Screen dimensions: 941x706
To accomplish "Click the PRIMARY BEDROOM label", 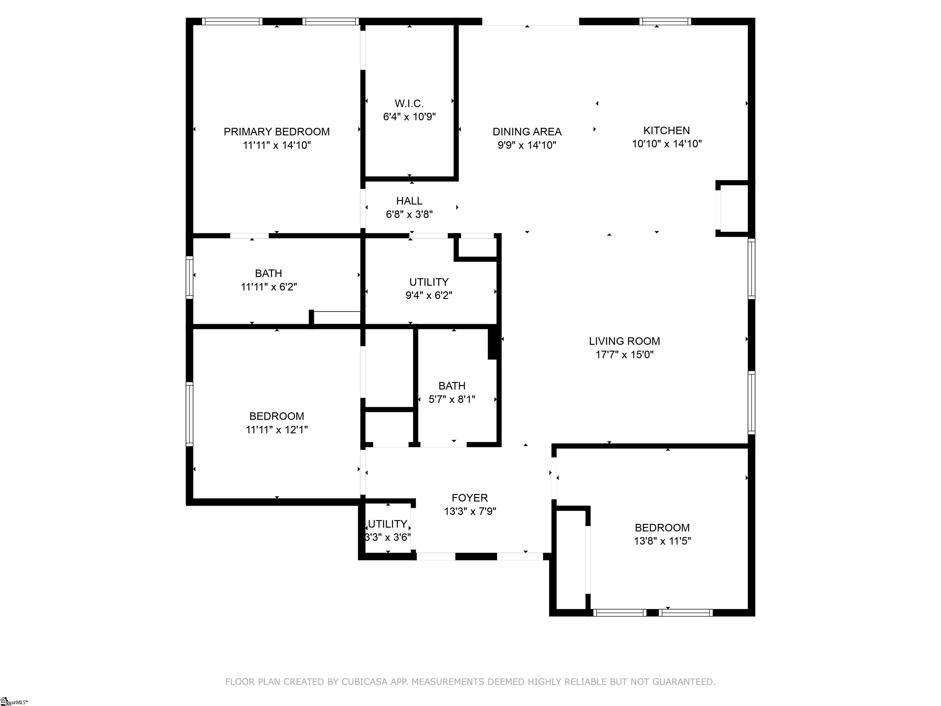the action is (x=277, y=132).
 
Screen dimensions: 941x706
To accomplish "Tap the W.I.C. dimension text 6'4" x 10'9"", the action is (x=409, y=117).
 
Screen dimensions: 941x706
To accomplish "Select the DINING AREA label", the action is (x=527, y=132).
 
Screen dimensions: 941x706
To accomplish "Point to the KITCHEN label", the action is (x=667, y=131).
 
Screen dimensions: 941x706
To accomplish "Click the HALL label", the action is (x=409, y=201).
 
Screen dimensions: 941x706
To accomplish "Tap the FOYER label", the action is (x=470, y=498).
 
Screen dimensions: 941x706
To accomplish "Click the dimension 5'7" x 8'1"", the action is (x=452, y=399).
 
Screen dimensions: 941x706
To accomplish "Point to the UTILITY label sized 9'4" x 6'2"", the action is (x=429, y=282).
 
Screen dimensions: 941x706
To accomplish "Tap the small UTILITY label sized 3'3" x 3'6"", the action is (x=387, y=524).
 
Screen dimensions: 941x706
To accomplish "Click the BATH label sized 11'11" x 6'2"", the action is (x=268, y=273).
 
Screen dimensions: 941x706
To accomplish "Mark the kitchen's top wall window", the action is (x=665, y=21).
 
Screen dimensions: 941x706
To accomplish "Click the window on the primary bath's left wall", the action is (x=189, y=277).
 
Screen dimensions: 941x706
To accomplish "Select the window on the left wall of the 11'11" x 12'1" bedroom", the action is (x=189, y=414).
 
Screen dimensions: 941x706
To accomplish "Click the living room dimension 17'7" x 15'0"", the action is (x=625, y=355).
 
